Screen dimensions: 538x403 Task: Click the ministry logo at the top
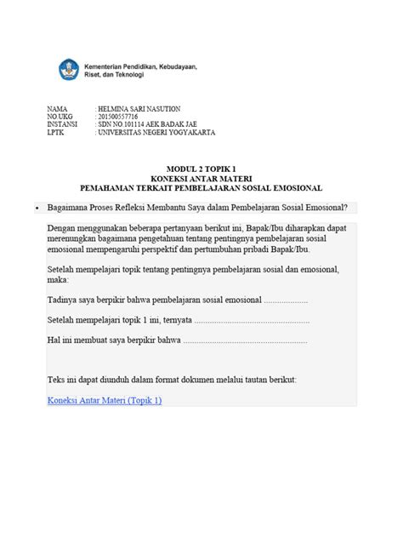click(x=68, y=69)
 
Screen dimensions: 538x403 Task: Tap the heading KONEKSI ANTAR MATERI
click(x=201, y=179)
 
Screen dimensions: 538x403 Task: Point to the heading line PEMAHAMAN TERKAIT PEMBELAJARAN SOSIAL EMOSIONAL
click(x=201, y=187)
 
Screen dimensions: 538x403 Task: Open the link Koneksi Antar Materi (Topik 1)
click(x=105, y=400)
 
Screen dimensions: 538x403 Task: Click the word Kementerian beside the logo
click(x=105, y=65)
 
